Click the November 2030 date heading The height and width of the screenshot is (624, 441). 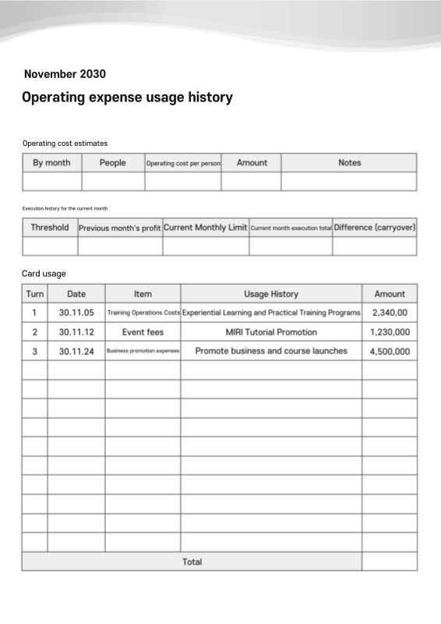(x=65, y=74)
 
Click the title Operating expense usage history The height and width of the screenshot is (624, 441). (x=127, y=97)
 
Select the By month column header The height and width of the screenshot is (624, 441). (x=51, y=162)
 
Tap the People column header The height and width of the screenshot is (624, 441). (x=113, y=162)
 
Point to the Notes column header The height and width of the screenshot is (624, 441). (x=349, y=162)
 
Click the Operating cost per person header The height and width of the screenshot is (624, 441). (x=183, y=163)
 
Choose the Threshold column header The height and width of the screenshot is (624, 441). (x=50, y=228)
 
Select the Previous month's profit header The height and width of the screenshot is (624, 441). (x=120, y=228)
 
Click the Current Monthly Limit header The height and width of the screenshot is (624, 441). (x=206, y=228)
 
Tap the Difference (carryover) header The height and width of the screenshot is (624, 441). (x=375, y=228)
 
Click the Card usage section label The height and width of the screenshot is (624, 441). (x=44, y=273)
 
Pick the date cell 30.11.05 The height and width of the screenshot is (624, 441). (x=76, y=313)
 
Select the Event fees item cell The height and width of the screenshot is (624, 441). (x=143, y=332)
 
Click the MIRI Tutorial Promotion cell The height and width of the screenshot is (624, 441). (x=271, y=332)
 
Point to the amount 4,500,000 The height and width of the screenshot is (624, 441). (x=390, y=351)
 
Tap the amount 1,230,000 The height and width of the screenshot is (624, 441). (x=390, y=332)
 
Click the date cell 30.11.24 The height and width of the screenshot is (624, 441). (x=76, y=351)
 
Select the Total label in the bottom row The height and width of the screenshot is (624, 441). (x=192, y=562)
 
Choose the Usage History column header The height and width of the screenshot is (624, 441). (x=271, y=294)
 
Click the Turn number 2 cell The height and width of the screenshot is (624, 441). (x=34, y=332)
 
